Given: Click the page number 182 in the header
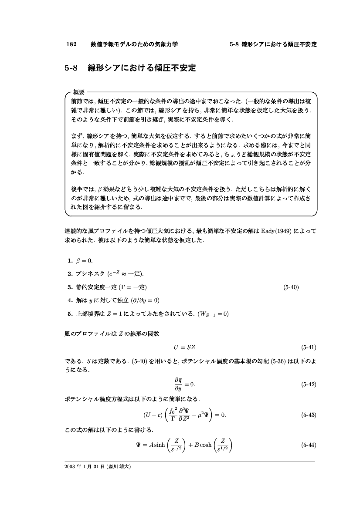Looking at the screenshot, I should [x=71, y=44].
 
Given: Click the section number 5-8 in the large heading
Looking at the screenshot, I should [x=71, y=68].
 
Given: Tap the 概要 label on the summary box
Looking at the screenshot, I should [x=79, y=91].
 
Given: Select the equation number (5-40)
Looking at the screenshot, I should [x=291, y=287].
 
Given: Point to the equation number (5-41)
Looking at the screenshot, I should [x=308, y=347].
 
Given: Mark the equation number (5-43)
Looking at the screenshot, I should [x=308, y=415].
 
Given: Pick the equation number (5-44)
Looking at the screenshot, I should [x=308, y=445].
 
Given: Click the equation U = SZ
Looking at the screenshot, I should [x=185, y=347].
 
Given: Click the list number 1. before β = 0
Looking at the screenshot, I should [x=70, y=261].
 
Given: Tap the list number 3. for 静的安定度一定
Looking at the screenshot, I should [x=70, y=287].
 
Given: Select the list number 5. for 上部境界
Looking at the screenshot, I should [x=70, y=314].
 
